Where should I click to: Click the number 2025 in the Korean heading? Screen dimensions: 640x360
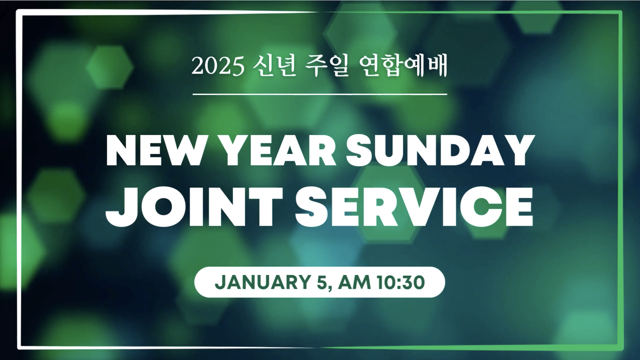[218, 66]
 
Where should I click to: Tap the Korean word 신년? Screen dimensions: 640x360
[274, 65]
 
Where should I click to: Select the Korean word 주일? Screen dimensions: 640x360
[327, 65]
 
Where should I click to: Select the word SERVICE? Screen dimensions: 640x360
[414, 207]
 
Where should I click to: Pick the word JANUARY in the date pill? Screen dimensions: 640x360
[263, 282]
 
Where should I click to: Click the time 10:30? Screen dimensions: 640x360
[401, 282]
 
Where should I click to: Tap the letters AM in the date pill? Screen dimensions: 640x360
[354, 282]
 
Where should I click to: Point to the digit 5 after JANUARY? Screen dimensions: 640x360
[323, 282]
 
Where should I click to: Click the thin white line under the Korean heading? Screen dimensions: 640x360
[320, 94]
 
